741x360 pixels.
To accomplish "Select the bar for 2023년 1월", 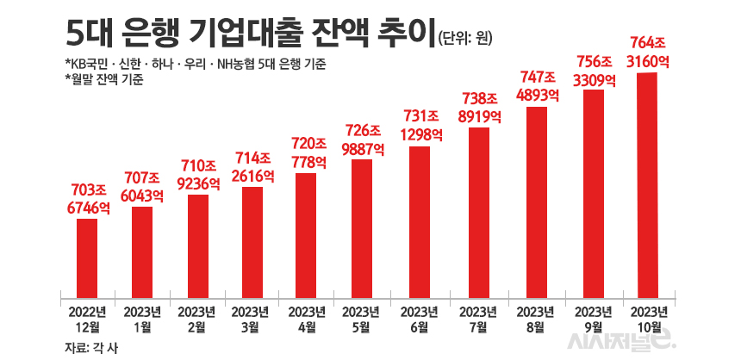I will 142,247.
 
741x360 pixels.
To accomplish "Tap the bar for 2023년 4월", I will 308,231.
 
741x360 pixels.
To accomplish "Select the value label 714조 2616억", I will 252,165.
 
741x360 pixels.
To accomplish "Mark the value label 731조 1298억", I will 419,125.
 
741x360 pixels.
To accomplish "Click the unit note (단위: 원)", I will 467,36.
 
